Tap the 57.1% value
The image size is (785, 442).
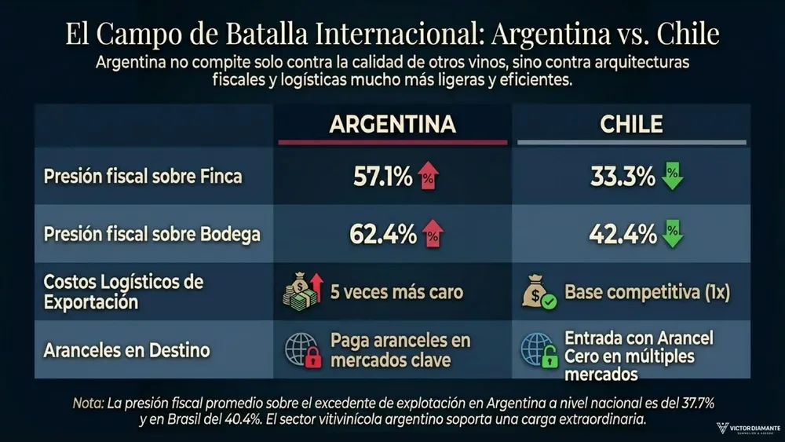pos(382,177)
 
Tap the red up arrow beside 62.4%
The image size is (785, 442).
pos(432,234)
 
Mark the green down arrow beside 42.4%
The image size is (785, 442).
pos(673,234)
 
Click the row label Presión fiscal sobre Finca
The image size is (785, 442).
pos(143,177)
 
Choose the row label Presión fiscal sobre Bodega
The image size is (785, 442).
pos(152,234)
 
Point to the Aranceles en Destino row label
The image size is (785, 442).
pos(126,349)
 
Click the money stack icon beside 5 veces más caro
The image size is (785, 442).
pos(303,292)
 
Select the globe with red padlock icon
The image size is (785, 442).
pos(303,350)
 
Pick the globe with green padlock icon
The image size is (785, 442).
pos(540,350)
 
